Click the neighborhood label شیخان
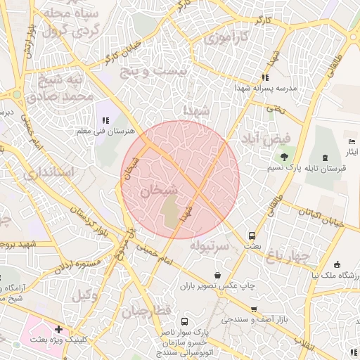tap(155, 190)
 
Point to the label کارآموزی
tap(229, 38)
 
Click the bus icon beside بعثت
tap(252, 236)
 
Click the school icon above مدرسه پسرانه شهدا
tap(265, 78)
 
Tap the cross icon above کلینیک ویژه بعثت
tap(58, 329)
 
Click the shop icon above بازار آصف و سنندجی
tap(254, 309)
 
